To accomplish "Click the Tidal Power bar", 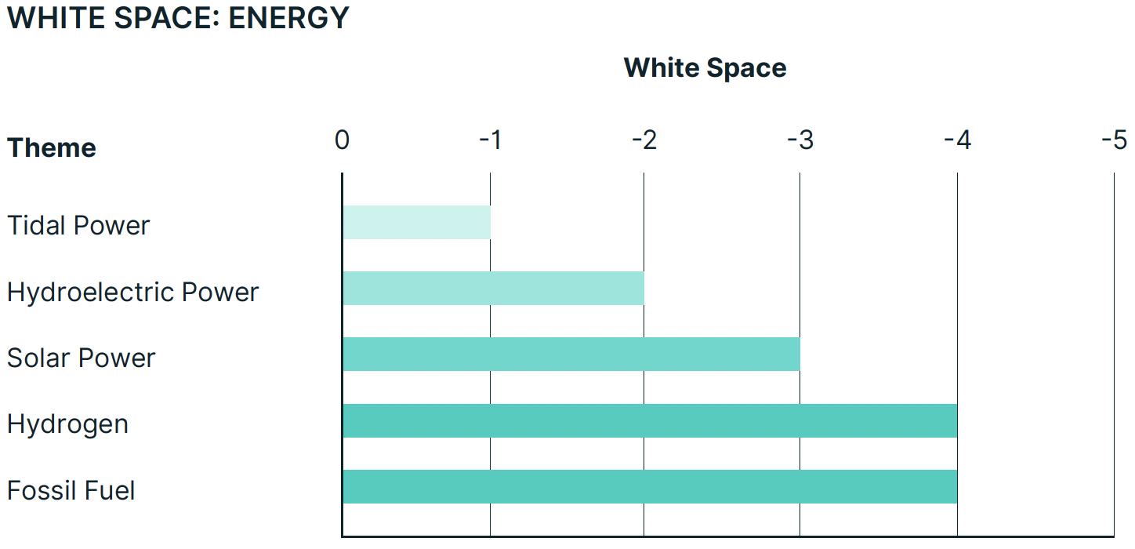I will [416, 223].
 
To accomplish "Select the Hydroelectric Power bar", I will [493, 289].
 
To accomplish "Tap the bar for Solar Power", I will [571, 354].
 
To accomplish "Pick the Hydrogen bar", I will [649, 420].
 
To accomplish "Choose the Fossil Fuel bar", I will [649, 486].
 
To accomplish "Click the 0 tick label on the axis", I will [342, 140].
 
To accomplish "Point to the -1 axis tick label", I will [490, 140].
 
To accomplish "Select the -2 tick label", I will [644, 140].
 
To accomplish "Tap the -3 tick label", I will [800, 140].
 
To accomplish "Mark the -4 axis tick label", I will [957, 140].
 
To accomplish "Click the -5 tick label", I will [1114, 140].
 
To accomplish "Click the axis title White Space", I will [705, 68].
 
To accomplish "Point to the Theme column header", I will [52, 147].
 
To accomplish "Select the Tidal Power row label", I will [78, 226].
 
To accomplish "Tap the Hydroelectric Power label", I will [132, 292].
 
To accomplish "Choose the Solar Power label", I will [82, 358].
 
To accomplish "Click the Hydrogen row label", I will [67, 424].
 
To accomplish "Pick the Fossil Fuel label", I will [71, 490].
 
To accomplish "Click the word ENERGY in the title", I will [288, 18].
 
